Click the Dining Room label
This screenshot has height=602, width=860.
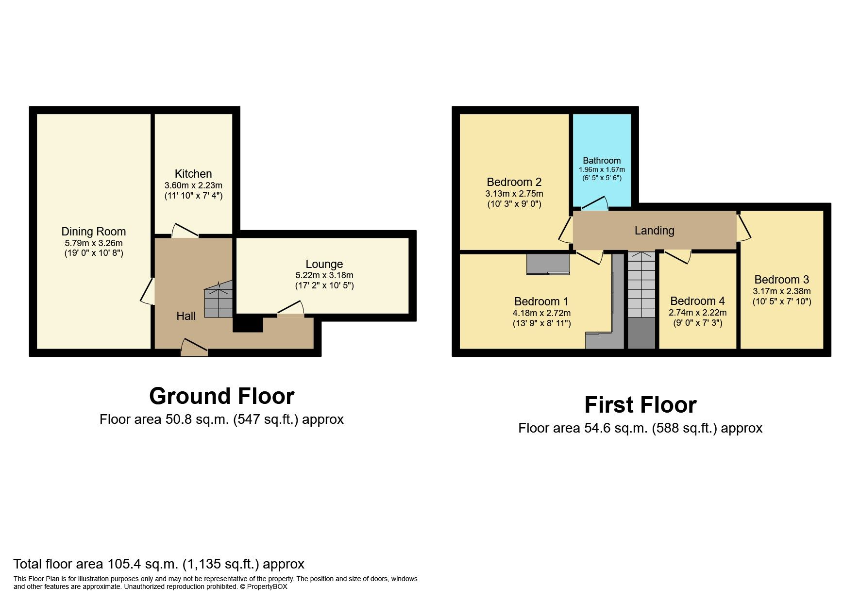click(93, 232)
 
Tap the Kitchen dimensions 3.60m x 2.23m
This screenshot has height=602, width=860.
click(193, 185)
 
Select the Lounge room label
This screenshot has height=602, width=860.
click(324, 264)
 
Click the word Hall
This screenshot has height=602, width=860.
click(186, 316)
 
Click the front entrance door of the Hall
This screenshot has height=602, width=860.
click(194, 348)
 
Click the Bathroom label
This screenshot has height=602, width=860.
click(602, 161)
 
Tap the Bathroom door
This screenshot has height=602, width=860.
click(594, 204)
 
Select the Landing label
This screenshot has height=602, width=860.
click(654, 231)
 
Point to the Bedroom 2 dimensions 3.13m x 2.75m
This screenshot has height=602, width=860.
click(514, 194)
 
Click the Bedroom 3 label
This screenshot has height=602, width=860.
click(781, 280)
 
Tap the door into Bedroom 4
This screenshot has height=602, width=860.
click(678, 256)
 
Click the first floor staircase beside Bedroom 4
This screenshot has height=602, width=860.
click(641, 286)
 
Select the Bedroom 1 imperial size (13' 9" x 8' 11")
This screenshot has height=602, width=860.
click(541, 323)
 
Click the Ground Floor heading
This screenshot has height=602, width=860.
click(221, 396)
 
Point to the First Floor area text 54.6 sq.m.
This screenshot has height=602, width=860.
click(640, 428)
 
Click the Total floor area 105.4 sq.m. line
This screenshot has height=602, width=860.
click(158, 564)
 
